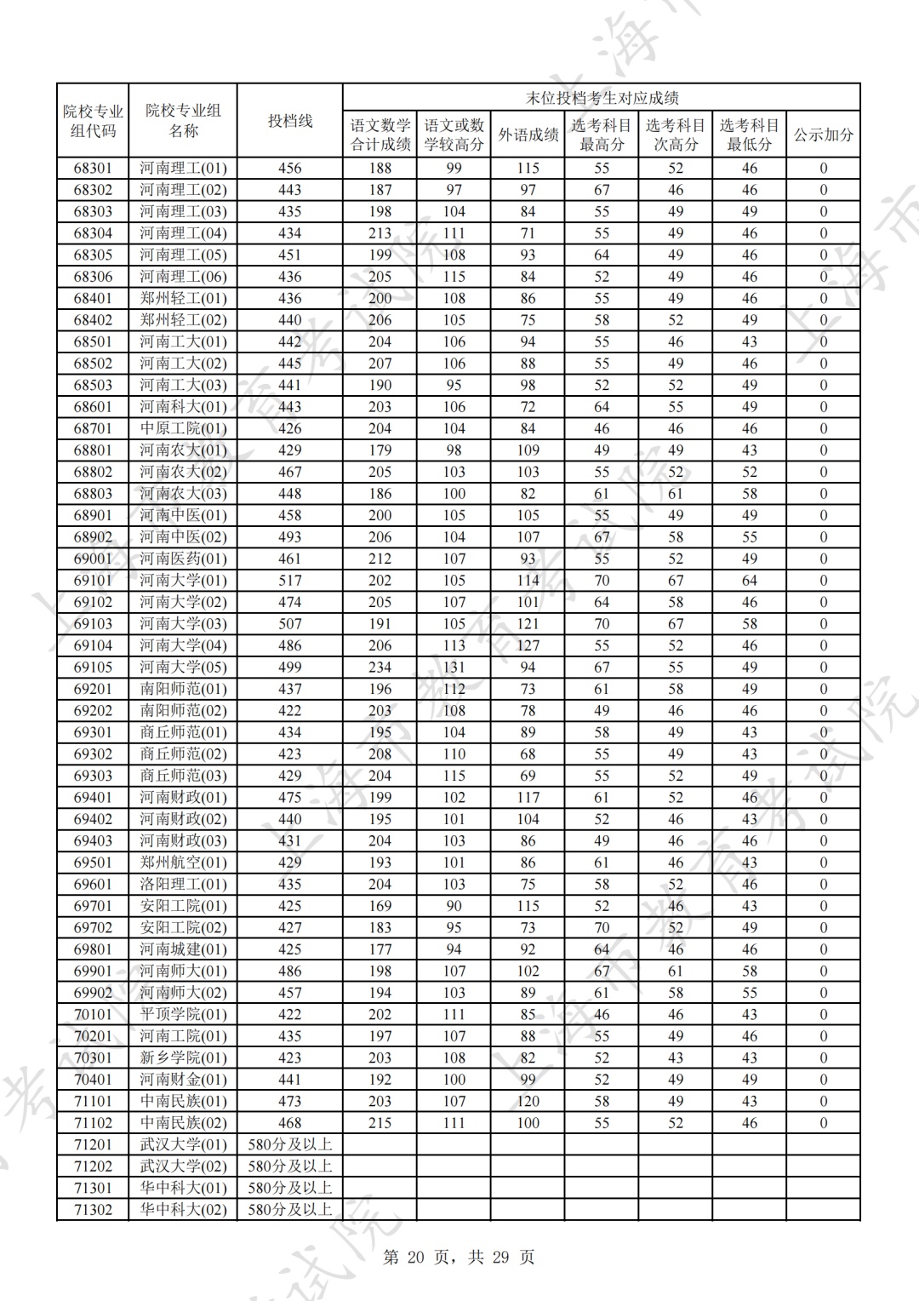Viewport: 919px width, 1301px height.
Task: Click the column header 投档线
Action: pos(290,121)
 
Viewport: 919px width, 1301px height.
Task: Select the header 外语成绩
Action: pos(528,135)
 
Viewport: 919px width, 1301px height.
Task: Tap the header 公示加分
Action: pos(823,135)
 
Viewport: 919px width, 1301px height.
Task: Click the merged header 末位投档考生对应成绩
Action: pos(601,98)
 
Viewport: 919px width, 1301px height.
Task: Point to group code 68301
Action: pos(93,168)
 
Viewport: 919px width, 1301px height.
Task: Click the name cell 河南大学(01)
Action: pos(183,580)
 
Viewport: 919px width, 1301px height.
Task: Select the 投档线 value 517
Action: pos(290,580)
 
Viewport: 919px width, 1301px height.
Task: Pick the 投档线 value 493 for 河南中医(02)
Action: pos(290,536)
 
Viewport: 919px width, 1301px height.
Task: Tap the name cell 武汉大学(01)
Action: pos(183,1144)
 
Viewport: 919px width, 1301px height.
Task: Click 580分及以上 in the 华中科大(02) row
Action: pos(290,1209)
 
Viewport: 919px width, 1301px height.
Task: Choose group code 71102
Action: pos(93,1122)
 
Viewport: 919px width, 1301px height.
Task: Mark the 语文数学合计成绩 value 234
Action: pos(380,667)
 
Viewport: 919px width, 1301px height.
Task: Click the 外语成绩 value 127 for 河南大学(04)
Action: pos(528,645)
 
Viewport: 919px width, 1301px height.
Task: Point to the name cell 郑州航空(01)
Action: pos(183,862)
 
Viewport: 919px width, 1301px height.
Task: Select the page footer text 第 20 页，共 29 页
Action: pos(459,1257)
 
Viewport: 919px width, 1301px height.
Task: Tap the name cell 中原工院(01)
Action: pos(183,428)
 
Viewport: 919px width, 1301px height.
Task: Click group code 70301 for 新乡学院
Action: pos(93,1057)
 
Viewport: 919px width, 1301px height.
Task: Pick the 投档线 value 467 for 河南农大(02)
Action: pos(290,472)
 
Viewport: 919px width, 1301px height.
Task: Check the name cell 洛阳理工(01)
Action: pos(183,884)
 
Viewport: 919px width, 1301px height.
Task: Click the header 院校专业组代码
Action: pos(93,121)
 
